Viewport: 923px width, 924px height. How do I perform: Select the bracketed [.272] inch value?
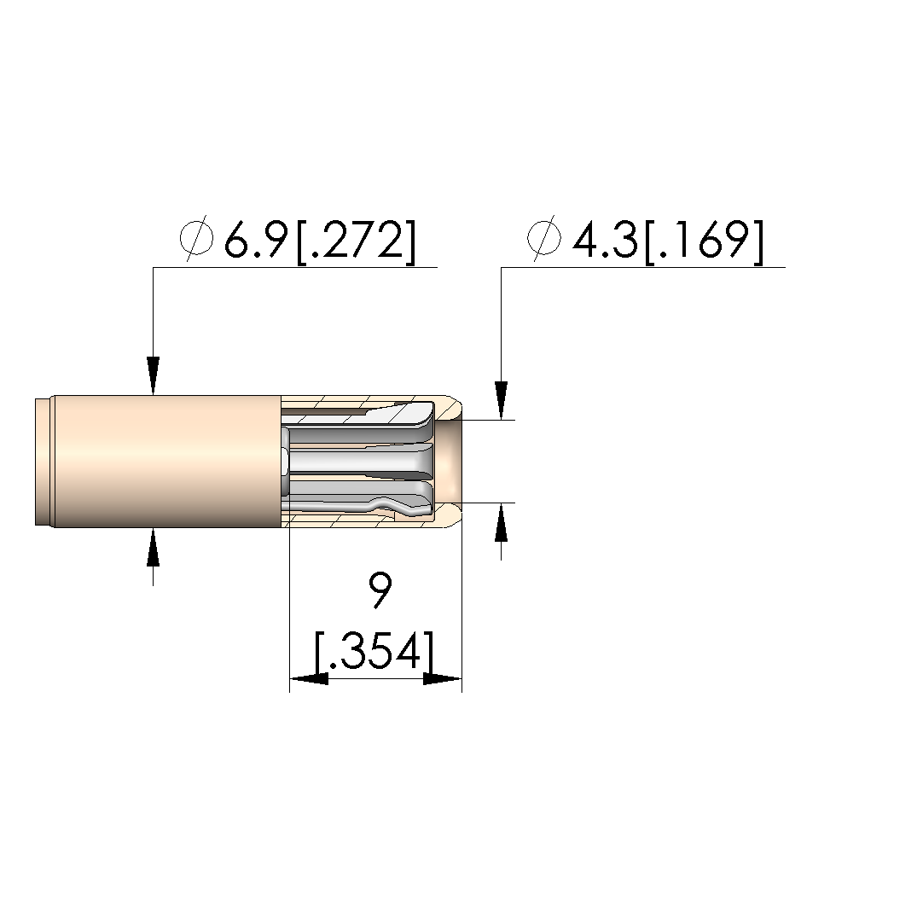click(356, 241)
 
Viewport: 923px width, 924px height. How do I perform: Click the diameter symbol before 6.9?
click(196, 239)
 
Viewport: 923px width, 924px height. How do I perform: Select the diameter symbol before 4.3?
click(543, 239)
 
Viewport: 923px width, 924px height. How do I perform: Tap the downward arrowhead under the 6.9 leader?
click(154, 375)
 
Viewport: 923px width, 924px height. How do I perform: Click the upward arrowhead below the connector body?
click(154, 547)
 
